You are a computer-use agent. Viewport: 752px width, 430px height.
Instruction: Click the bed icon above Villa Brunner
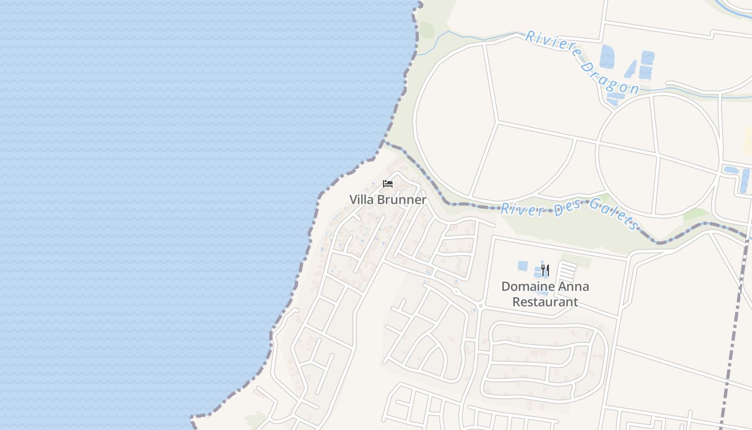pyautogui.click(x=388, y=184)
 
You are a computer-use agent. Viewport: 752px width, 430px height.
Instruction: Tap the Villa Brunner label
pyautogui.click(x=388, y=199)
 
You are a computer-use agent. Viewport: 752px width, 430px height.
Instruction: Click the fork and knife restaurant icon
pyautogui.click(x=545, y=270)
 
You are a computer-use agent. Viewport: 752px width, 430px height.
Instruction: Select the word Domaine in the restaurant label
pyautogui.click(x=526, y=286)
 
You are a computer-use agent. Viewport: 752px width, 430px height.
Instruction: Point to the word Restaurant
pyautogui.click(x=545, y=302)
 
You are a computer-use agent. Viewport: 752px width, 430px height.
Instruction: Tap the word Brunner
pyautogui.click(x=402, y=199)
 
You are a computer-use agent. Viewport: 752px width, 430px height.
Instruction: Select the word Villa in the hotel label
pyautogui.click(x=361, y=199)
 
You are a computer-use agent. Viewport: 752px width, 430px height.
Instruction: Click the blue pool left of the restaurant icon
pyautogui.click(x=523, y=266)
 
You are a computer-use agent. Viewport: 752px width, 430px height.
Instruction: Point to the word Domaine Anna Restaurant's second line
pyautogui.click(x=545, y=302)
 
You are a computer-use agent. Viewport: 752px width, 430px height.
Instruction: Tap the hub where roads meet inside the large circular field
pyautogui.click(x=498, y=121)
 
